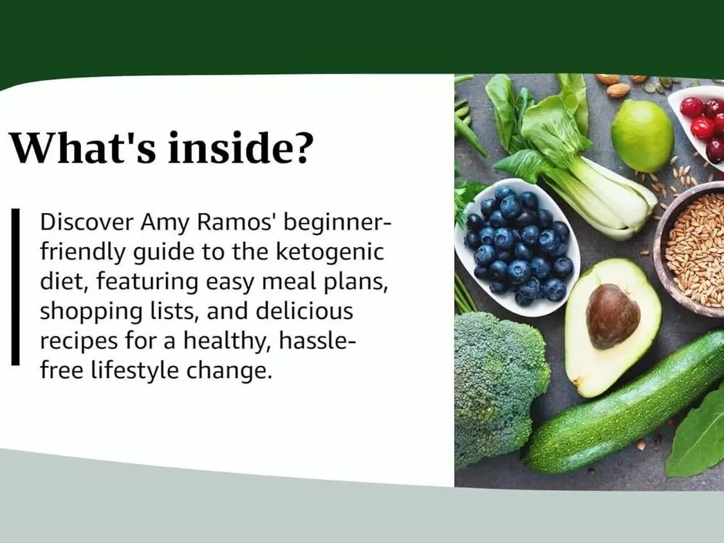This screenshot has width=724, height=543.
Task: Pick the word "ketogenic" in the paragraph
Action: [x=330, y=253]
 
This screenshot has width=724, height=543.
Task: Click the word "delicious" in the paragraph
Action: [x=304, y=311]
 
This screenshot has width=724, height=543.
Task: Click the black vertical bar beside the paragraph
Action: [x=15, y=287]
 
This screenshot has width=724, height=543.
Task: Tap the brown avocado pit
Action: [x=613, y=316]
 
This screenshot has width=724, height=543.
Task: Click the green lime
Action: [x=642, y=136]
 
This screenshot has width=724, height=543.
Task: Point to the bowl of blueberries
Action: [x=517, y=246]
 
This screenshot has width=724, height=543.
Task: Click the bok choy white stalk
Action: [x=605, y=194]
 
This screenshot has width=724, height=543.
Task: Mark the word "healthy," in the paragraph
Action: [x=227, y=342]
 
